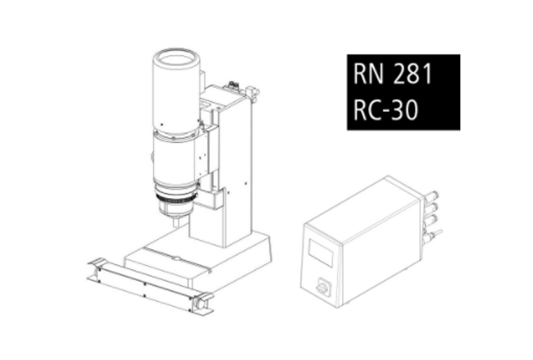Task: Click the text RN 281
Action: (393, 74)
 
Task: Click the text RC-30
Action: (385, 110)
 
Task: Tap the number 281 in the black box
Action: (412, 74)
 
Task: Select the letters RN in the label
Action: (368, 74)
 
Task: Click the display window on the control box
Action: (321, 253)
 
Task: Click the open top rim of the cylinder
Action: (176, 59)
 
